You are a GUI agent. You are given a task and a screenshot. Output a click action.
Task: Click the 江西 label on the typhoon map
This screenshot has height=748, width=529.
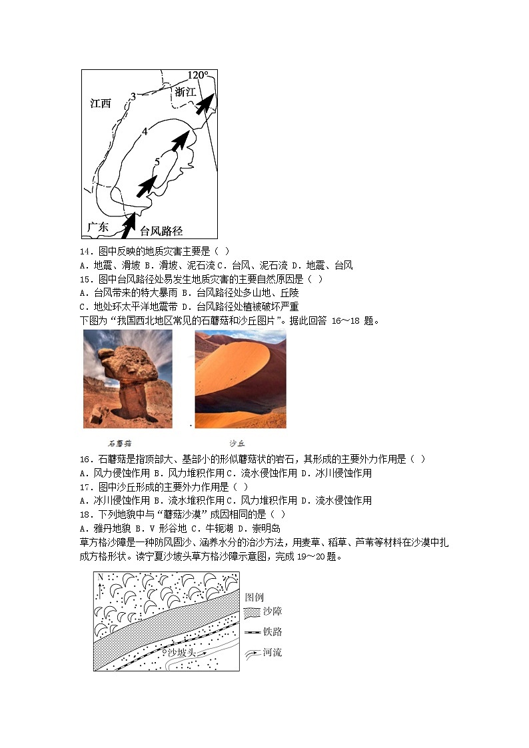pyautogui.click(x=101, y=103)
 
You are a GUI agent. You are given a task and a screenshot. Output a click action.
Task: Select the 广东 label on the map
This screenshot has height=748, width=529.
pyautogui.click(x=97, y=227)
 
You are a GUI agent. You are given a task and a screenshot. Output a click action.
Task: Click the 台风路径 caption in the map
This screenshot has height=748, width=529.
pyautogui.click(x=161, y=231)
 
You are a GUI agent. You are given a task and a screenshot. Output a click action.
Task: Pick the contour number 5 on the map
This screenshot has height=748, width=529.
pyautogui.click(x=157, y=161)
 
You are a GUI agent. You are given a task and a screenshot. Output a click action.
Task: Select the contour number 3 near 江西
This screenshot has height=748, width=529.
pyautogui.click(x=133, y=97)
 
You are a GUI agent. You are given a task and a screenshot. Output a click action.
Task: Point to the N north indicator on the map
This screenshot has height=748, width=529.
pyautogui.click(x=99, y=577)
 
